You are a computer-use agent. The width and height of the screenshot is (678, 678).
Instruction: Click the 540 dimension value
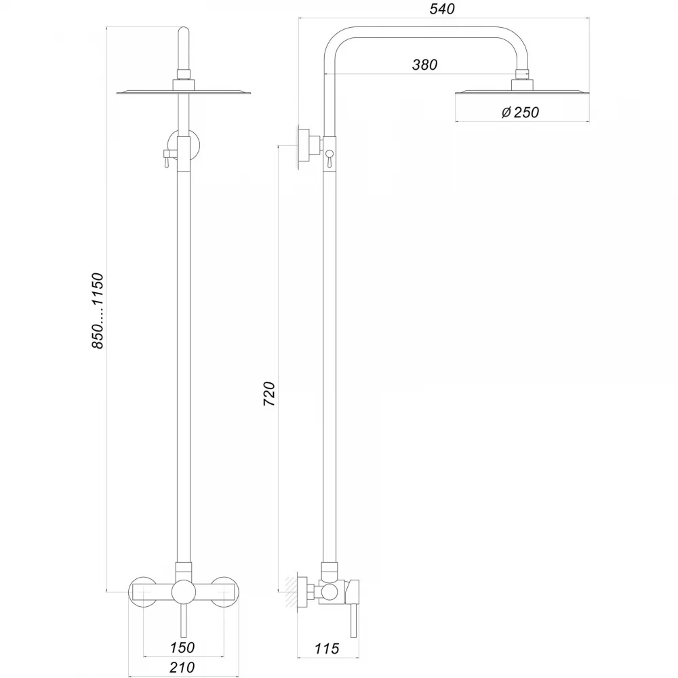[442, 9]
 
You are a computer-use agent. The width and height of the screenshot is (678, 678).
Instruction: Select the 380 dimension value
[424, 65]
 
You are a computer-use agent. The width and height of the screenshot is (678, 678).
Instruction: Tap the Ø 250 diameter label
[520, 113]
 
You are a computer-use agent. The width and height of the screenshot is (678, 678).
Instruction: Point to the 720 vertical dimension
[269, 393]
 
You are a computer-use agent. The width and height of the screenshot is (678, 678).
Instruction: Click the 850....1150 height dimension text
[98, 311]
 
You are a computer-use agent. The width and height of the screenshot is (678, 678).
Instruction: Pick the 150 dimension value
[182, 647]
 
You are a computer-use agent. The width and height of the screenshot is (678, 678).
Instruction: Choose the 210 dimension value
[182, 667]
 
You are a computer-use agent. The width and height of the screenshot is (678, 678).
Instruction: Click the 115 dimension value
[327, 649]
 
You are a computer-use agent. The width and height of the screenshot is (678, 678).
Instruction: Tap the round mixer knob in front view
[184, 592]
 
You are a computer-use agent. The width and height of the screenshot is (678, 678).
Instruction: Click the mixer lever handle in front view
[183, 620]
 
